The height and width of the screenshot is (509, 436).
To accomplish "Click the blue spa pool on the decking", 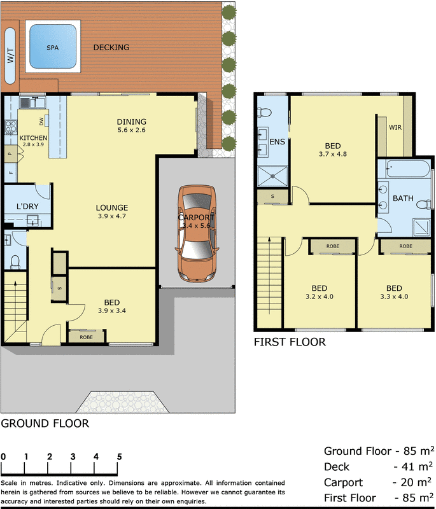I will (52, 46).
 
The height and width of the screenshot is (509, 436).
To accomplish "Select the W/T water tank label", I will (10, 56).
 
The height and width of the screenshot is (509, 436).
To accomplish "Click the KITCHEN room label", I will (33, 138).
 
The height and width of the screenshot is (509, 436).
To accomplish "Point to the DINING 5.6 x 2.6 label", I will (132, 126).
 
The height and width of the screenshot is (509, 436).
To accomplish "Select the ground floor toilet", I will (15, 260).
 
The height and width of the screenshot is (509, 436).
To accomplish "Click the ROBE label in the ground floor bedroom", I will (86, 336).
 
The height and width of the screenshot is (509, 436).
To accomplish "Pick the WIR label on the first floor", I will (395, 127).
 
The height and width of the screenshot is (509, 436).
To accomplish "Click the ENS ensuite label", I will (277, 141).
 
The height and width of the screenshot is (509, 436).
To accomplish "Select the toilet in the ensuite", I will (265, 113).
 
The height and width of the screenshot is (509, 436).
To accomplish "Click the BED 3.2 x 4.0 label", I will (319, 291).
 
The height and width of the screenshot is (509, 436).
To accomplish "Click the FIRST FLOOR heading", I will (290, 342).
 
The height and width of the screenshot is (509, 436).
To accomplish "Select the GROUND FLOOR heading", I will (45, 423).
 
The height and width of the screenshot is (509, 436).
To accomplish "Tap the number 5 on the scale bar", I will (119, 456).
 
